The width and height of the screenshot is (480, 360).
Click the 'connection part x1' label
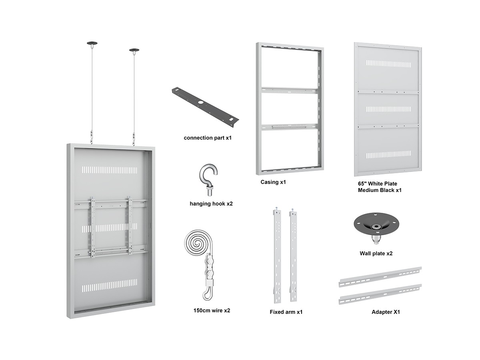click(x=207, y=138)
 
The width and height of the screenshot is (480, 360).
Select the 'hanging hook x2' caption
click(x=211, y=204)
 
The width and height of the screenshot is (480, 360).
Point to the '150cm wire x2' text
click(x=212, y=310)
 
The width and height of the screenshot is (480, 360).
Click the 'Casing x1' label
click(x=273, y=182)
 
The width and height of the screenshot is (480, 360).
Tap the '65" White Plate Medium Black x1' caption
click(x=380, y=187)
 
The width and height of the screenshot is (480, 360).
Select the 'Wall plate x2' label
click(x=376, y=253)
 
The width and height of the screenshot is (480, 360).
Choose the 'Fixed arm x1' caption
click(x=286, y=312)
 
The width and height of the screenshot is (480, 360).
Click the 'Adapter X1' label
click(x=386, y=312)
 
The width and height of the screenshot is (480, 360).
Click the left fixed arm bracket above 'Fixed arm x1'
click(x=277, y=256)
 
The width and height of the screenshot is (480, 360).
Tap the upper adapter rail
click(x=380, y=277)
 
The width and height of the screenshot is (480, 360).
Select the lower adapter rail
click(x=380, y=294)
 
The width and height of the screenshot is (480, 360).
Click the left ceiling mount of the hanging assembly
click(x=92, y=43)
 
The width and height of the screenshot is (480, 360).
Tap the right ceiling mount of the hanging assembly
click(x=134, y=50)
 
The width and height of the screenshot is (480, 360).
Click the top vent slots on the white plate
click(x=388, y=64)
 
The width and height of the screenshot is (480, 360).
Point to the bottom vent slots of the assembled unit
click(x=110, y=286)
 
